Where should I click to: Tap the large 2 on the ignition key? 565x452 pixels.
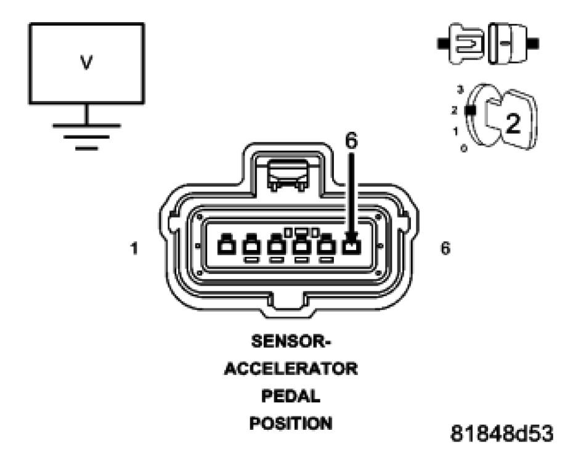point(512,124)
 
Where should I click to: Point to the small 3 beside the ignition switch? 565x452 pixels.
point(460,90)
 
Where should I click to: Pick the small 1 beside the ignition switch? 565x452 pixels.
point(455,131)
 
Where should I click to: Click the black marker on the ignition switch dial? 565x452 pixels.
point(471,110)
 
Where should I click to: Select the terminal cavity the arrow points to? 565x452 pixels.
point(351,246)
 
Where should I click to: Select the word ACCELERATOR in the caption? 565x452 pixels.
point(290,369)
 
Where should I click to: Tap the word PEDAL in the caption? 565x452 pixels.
point(290,397)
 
